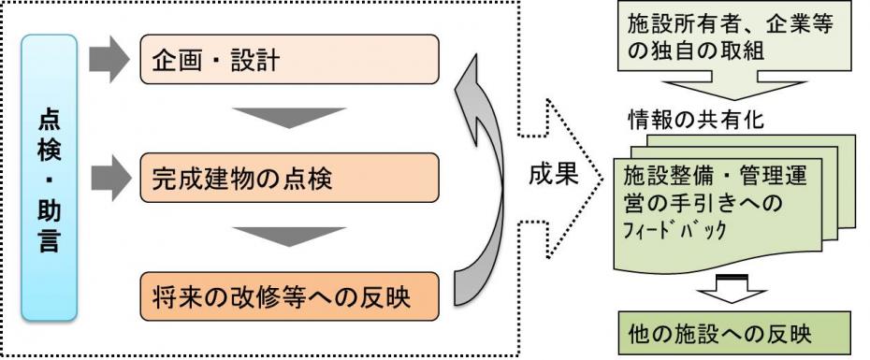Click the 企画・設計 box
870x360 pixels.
point(289,62)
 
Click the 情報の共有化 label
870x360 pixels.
point(689,122)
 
